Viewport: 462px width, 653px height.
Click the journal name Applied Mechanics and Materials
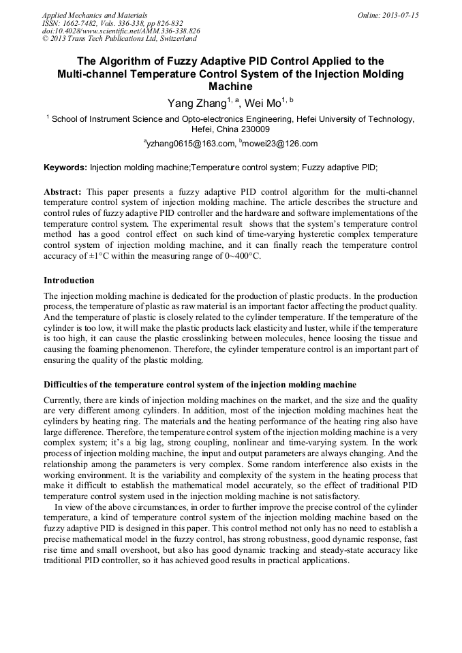(85, 14)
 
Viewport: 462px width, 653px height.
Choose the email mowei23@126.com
(280, 144)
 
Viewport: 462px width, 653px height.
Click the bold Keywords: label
(65, 168)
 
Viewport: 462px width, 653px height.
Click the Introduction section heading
(69, 281)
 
